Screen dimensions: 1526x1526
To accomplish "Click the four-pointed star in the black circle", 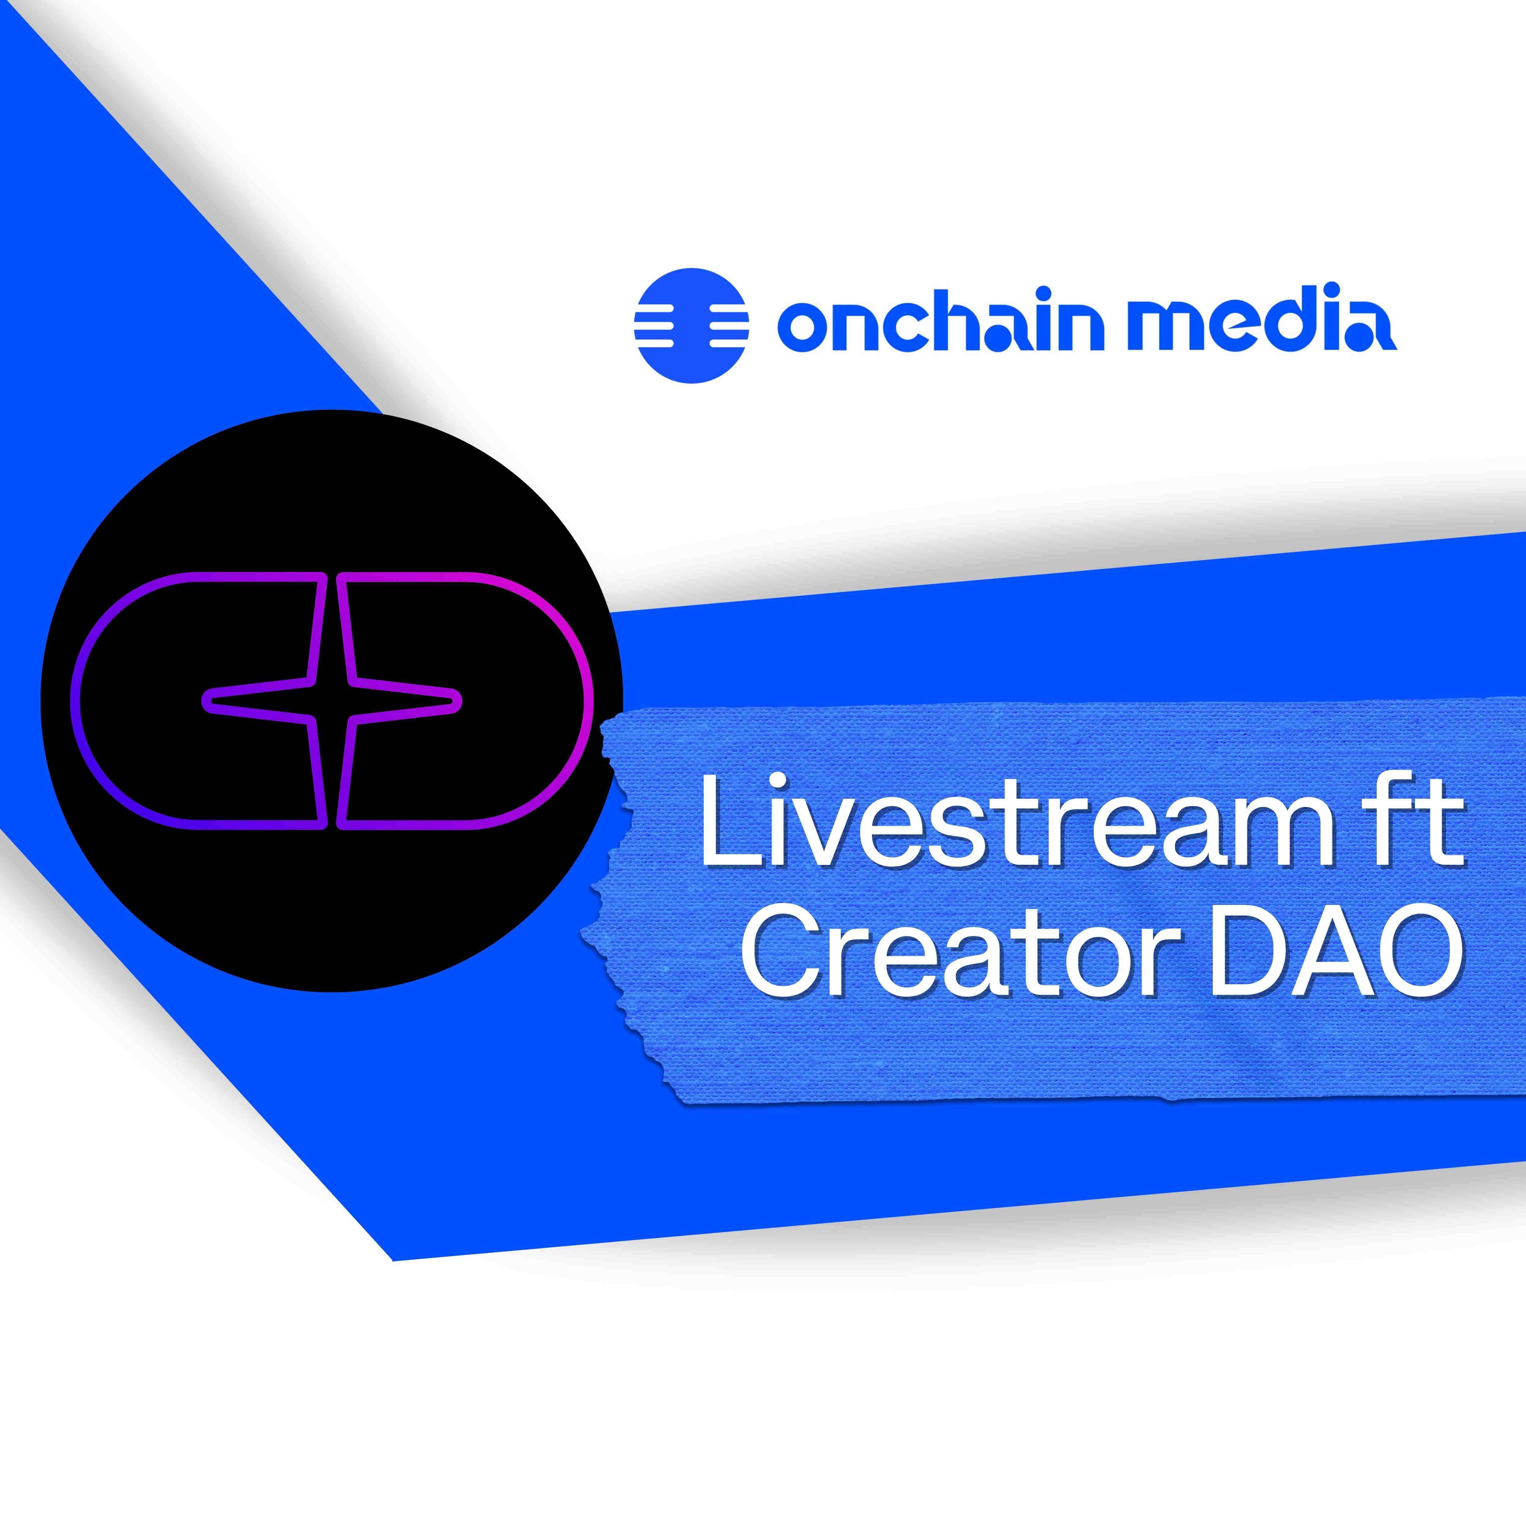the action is click(332, 701).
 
